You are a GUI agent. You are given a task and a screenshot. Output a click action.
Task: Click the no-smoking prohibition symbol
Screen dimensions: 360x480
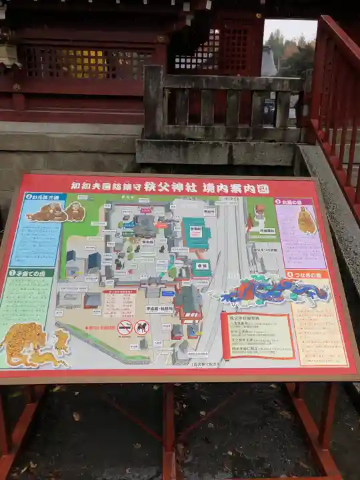pos(125,327)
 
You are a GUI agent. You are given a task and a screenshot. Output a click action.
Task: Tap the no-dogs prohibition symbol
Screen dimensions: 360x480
pos(141,327)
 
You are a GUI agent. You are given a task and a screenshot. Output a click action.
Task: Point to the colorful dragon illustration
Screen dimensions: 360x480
pos(274,291)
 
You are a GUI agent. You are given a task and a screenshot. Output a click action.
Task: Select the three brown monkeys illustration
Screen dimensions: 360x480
pos(56,212)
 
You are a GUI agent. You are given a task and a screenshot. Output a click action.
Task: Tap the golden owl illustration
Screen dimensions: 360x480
pos(306,221)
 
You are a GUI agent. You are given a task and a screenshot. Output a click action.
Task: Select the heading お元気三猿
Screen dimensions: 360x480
pos(45,197)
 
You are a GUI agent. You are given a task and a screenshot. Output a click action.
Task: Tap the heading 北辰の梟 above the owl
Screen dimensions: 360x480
pos(293,201)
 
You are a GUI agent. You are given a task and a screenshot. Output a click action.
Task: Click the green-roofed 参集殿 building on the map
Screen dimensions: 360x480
pos(196,233)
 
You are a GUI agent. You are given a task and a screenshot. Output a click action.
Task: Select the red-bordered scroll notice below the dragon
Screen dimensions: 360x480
pos(257,335)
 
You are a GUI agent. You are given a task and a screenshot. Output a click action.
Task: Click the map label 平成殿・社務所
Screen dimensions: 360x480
pos(159,309)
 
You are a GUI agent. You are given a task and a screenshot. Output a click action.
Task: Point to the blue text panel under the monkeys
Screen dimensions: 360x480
pos(36,244)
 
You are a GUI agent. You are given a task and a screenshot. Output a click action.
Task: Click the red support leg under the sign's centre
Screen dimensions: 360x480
pos(169,427)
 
